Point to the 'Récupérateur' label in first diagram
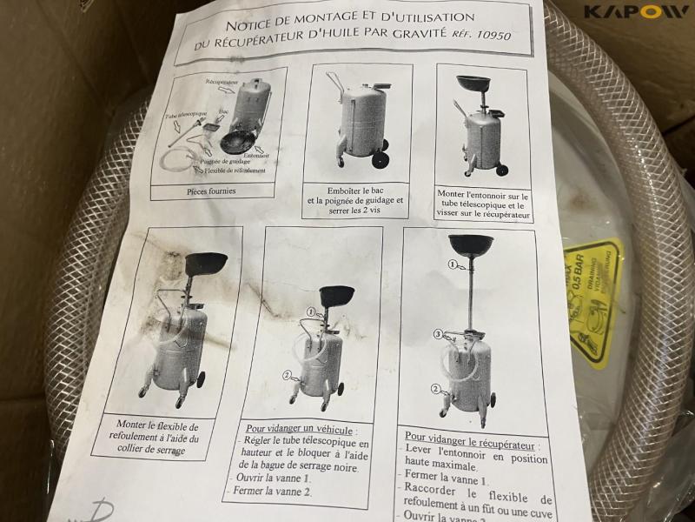[223, 81]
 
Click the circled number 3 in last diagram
[440, 332]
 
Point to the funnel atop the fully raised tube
[471, 244]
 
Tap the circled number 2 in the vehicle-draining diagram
[287, 376]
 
